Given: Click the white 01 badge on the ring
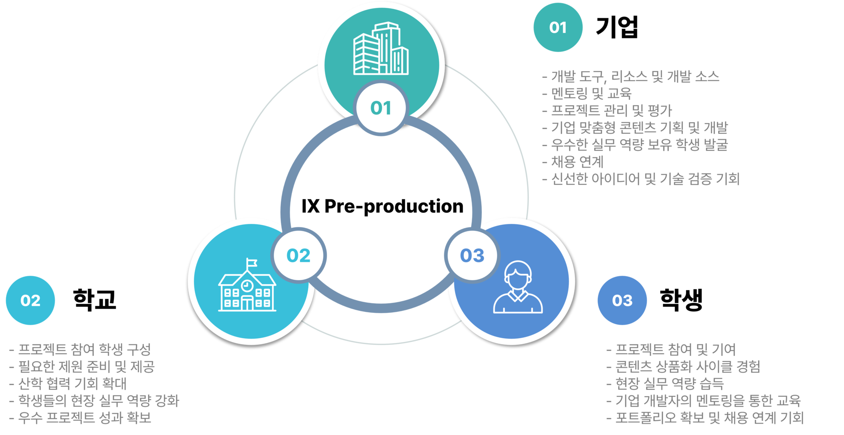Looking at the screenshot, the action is tap(381, 108).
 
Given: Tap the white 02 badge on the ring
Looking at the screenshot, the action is tap(298, 255).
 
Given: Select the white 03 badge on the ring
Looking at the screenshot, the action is tap(472, 255).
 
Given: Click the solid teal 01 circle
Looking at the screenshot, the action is tap(558, 27).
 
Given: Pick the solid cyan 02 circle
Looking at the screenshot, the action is tap(30, 300).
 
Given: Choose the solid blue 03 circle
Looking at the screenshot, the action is tap(622, 300).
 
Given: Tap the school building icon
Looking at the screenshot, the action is tap(247, 288).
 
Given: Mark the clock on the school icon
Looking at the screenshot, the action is tap(247, 285).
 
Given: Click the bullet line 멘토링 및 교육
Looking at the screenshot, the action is tap(587, 93).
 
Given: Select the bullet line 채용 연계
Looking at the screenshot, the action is tap(573, 162).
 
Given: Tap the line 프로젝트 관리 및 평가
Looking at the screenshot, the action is tap(607, 110).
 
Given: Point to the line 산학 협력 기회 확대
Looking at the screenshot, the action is tap(68, 384).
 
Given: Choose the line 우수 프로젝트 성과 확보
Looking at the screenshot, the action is tap(80, 417).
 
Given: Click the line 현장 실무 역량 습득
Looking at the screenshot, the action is tap(665, 384).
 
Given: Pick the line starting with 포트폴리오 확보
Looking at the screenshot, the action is tap(705, 417).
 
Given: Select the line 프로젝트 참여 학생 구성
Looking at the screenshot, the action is tap(80, 350).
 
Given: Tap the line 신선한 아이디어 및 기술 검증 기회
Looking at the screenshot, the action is tap(640, 179).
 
